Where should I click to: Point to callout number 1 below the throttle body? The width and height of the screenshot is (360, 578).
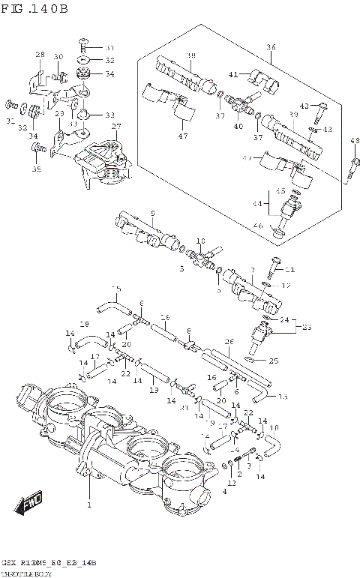tap(89, 506)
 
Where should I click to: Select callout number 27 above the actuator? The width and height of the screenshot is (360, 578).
tap(116, 127)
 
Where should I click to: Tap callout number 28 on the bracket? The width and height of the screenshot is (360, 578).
tap(40, 55)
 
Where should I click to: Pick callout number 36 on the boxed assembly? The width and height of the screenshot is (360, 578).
tap(271, 46)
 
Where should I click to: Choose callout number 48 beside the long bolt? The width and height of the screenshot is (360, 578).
tap(355, 141)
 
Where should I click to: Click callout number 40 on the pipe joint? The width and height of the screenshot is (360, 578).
tap(239, 126)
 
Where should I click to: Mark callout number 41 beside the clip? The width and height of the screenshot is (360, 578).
tap(234, 74)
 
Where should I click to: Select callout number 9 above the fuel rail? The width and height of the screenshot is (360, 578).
tap(152, 213)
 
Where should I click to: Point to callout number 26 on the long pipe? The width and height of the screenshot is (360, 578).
tap(229, 342)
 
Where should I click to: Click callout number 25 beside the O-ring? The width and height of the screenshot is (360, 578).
tap(274, 361)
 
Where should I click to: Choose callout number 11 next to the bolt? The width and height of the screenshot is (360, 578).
tap(291, 270)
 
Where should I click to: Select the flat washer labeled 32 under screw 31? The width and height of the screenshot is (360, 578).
tap(86, 60)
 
